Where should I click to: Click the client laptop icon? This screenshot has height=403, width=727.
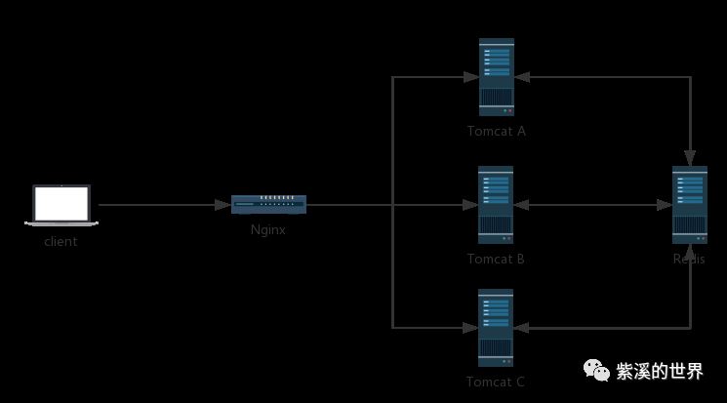click(x=61, y=206)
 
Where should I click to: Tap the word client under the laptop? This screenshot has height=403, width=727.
click(x=61, y=242)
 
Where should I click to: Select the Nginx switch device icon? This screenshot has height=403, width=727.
click(x=269, y=205)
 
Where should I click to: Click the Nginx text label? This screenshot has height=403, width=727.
click(x=268, y=230)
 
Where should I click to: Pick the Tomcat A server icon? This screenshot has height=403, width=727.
click(x=497, y=77)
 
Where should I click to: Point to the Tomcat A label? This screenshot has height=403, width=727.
click(x=497, y=131)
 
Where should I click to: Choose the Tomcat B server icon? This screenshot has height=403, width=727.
click(x=496, y=205)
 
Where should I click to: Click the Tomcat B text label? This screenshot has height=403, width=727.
click(x=496, y=259)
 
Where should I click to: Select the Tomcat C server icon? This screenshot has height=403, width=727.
click(x=496, y=328)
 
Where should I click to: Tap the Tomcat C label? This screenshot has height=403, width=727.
click(x=496, y=382)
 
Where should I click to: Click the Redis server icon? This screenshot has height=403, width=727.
click(x=690, y=205)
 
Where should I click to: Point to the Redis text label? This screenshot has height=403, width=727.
click(x=689, y=259)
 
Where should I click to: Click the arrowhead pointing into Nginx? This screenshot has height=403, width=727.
click(x=223, y=205)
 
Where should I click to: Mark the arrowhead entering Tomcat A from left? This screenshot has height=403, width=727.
click(x=469, y=77)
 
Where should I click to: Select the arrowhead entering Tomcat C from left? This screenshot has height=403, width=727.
click(x=469, y=327)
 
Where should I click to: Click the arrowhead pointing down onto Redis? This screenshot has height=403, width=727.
click(x=690, y=158)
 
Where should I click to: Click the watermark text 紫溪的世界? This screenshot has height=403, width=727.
click(x=660, y=371)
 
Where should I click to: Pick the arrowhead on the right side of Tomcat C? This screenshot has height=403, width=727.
click(x=522, y=327)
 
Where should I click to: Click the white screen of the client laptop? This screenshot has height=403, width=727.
click(x=61, y=203)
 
